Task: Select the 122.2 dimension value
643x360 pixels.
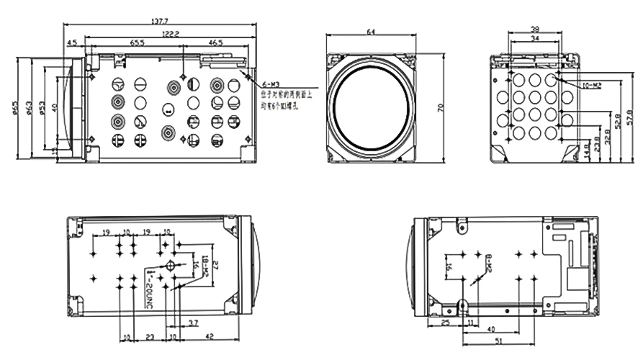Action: click(170, 33)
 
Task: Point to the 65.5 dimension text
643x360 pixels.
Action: click(138, 43)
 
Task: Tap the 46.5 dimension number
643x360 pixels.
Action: click(215, 43)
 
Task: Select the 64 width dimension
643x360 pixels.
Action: click(371, 32)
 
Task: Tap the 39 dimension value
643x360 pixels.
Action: click(535, 30)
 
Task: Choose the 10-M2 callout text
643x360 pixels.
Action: click(591, 85)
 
